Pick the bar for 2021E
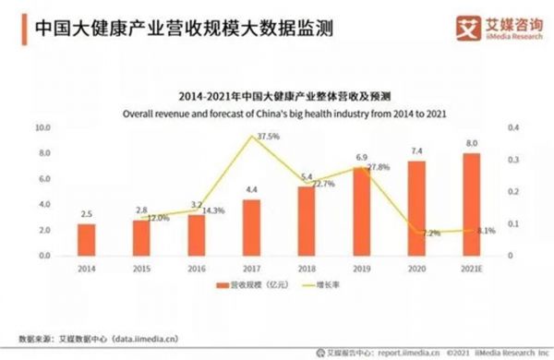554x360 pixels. [x=472, y=204]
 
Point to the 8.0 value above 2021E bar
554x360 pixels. [x=472, y=144]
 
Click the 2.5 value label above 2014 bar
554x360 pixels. [x=86, y=214]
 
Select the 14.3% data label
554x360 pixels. [x=213, y=210]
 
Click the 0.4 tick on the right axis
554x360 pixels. [x=513, y=127]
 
